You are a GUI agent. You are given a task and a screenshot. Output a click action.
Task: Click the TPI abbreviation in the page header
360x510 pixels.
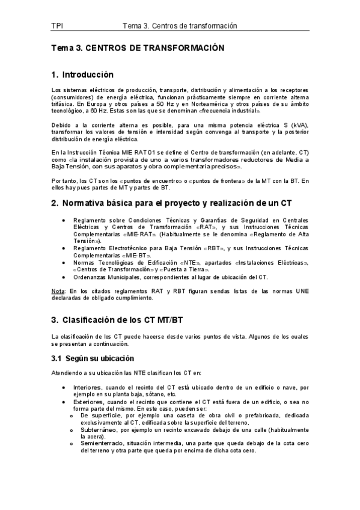[x=58, y=26]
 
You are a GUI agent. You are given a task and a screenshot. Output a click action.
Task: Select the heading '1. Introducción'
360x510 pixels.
[x=82, y=75]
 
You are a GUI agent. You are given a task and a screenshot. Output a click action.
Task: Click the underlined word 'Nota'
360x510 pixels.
[x=58, y=292]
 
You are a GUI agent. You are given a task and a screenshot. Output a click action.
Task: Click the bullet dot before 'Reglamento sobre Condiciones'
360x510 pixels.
[x=64, y=220]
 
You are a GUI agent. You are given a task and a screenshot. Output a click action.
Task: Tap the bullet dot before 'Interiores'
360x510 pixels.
[x=64, y=387]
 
